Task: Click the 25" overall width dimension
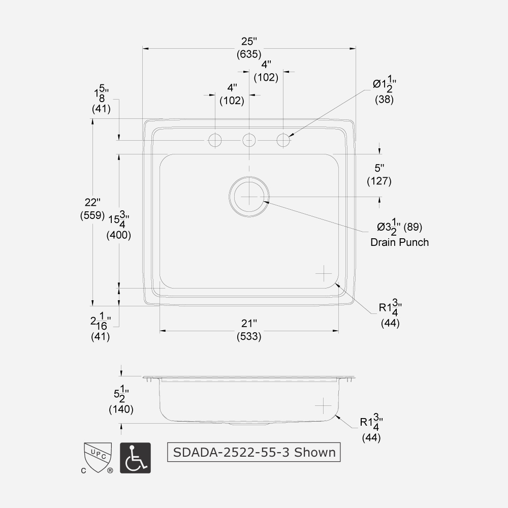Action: [x=248, y=47]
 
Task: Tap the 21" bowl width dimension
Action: [x=249, y=330]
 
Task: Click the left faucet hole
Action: [x=215, y=140]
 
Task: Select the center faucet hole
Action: [x=249, y=140]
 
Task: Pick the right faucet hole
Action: [x=283, y=140]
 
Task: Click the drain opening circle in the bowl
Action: [x=249, y=197]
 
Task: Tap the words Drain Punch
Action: [x=399, y=242]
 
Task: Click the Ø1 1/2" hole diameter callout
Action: [x=385, y=90]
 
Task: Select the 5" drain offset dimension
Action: [x=379, y=174]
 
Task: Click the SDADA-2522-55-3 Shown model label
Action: [x=254, y=452]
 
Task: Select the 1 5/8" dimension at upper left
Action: [x=101, y=100]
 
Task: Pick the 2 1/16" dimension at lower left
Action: [x=101, y=327]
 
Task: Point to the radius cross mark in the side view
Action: [x=323, y=406]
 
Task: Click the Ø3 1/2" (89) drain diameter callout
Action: [x=399, y=227]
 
